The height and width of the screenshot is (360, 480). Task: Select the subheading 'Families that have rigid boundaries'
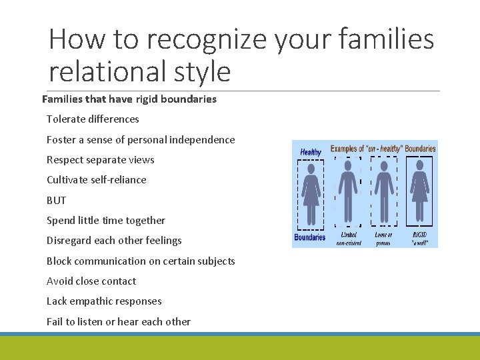tap(129, 99)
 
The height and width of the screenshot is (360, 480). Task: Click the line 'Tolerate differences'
tap(93, 119)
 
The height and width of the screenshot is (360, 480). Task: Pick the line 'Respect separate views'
tap(100, 160)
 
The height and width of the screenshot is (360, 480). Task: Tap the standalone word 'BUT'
tap(57, 200)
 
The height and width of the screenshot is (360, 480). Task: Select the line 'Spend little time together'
tap(106, 221)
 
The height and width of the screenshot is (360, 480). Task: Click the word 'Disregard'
tap(69, 241)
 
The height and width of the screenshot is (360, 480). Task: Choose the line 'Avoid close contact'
tap(91, 281)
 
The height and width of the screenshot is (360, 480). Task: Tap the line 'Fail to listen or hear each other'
tap(119, 322)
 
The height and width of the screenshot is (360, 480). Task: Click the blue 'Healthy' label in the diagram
tap(311, 152)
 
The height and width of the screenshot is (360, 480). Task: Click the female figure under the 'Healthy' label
tap(311, 193)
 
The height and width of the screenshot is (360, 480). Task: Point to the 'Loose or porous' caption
tap(383, 239)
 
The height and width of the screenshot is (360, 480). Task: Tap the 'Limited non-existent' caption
tap(348, 239)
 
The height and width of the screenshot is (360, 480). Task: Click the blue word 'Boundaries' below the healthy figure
tap(310, 237)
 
